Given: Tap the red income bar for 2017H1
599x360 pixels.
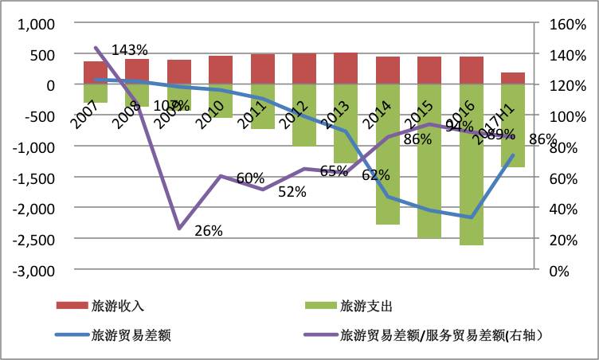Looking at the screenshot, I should (x=513, y=78).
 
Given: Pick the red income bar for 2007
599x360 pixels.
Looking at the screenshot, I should (x=96, y=72).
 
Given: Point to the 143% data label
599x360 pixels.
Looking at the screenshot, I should (x=130, y=50).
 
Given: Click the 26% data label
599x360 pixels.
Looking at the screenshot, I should (x=208, y=231).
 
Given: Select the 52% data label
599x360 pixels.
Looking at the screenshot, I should (x=292, y=190).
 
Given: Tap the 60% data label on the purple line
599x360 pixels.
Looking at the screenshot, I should (x=250, y=178).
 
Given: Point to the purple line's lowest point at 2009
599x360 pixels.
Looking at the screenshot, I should (x=179, y=229).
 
